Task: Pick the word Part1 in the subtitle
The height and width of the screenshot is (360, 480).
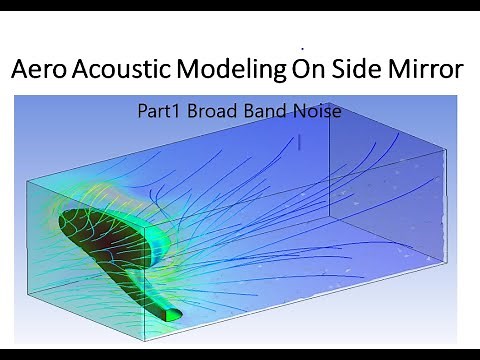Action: point(160,111)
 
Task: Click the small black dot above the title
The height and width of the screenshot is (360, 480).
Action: point(301,47)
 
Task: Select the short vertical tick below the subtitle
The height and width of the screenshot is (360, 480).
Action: point(299,142)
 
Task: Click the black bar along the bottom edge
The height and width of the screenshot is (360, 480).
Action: point(240,353)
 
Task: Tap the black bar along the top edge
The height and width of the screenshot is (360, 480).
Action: point(240,6)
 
